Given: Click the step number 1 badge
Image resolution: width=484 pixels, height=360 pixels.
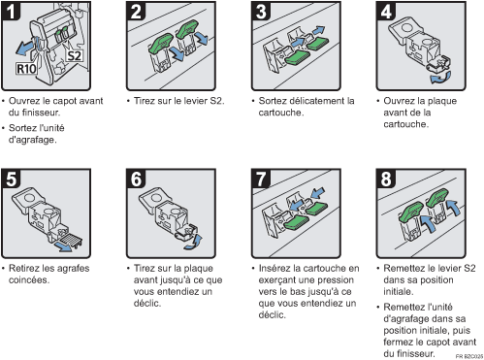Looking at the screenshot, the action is pos(11,11).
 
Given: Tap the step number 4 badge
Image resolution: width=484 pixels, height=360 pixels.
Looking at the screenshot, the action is pos(386,11).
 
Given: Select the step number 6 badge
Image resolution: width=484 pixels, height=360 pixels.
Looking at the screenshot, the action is pos(136,179).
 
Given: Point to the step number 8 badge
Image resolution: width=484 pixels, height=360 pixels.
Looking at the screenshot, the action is pos(386,179).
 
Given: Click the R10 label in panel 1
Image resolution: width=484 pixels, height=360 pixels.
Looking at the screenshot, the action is pos(26,69).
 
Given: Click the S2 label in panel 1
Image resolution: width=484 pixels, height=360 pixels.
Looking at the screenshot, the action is pos(74,55).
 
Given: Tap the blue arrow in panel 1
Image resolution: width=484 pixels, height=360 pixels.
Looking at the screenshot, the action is pos(25,48).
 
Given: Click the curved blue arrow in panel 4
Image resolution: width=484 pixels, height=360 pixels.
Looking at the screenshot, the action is pos(440,78).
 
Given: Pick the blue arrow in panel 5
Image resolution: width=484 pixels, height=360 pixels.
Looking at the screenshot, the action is pos(63,246).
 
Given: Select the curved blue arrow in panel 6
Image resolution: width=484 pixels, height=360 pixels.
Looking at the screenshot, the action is pos(194,243).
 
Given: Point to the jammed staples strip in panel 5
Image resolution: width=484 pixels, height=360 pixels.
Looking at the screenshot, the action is pos(71,240).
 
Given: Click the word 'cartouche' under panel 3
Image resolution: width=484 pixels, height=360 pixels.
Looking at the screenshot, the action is pos(280,113).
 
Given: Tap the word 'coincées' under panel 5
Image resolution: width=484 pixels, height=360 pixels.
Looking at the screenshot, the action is pos(29,279).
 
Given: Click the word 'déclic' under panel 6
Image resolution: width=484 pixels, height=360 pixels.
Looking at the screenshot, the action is pos(147,303).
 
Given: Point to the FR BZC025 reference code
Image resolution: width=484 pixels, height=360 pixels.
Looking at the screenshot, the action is pos(469,356).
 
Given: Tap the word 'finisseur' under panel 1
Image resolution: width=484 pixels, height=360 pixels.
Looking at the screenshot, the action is pos(41,113).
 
